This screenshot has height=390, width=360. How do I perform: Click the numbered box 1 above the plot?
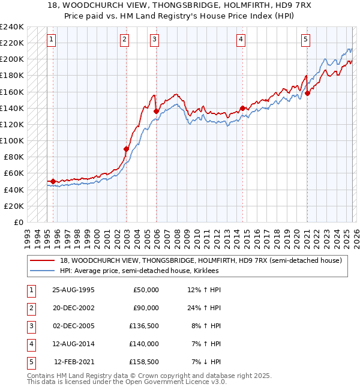tap(52, 40)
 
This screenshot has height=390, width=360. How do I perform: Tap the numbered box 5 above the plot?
tap(305, 40)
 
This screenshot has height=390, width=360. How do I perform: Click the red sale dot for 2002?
tap(127, 149)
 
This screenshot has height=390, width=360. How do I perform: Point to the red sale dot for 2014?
tap(242, 108)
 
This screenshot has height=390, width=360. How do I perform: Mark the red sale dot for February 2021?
tap(307, 93)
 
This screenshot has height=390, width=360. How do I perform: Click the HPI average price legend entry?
tap(139, 271)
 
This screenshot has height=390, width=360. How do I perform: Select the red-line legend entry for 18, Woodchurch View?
tap(200, 260)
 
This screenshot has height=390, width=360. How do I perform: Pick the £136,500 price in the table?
tap(145, 326)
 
